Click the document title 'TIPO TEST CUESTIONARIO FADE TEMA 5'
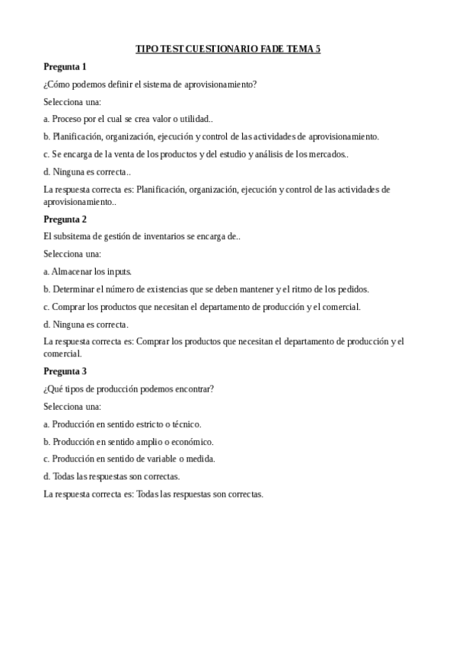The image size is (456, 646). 228,49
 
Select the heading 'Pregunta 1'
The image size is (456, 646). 65,66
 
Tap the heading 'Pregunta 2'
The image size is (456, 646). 65,219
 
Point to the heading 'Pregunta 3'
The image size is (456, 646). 65,371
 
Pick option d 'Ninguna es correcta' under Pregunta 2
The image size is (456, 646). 85,324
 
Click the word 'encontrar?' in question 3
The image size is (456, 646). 193,389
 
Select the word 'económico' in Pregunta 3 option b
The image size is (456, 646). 191,441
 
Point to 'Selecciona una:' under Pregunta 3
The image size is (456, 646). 72,406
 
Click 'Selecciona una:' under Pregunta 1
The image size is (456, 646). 72,101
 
